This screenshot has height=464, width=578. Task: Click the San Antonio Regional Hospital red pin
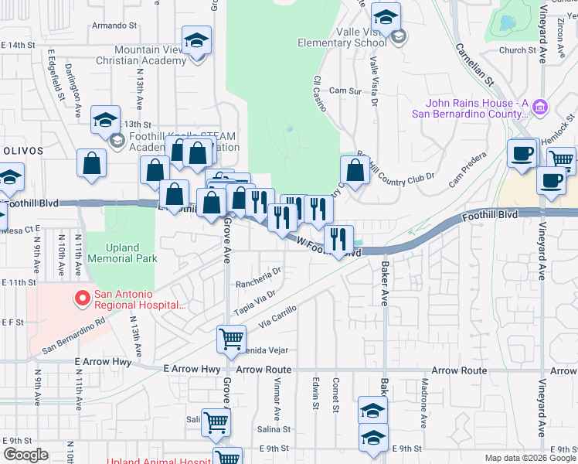[x=82, y=296]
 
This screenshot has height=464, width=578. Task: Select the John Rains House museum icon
[x=540, y=104]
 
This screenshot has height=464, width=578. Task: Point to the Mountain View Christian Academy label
[x=139, y=53]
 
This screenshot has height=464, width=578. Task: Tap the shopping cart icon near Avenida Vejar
[x=232, y=339]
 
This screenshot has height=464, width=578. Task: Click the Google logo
[x=25, y=455]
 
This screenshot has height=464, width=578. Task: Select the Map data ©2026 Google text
[x=529, y=458]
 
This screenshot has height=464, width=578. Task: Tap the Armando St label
[x=114, y=26]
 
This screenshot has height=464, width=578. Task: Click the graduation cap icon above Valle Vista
[x=385, y=16]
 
